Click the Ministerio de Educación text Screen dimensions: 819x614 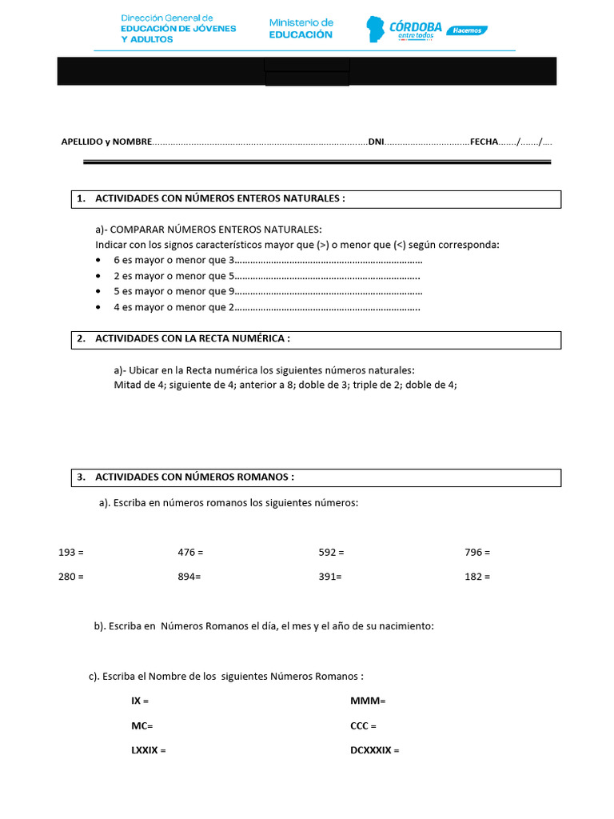301,29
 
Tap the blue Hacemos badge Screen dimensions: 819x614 466,30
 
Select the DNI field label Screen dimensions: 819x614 376,142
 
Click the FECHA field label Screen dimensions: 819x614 484,142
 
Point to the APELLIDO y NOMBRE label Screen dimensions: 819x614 106,142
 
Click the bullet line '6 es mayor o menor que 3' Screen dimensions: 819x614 173,261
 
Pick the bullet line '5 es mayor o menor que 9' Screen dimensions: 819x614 173,291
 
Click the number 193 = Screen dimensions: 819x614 71,553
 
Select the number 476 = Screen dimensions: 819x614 190,553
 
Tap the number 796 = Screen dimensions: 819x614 477,553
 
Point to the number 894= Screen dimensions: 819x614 189,577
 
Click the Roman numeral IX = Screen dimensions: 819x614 140,701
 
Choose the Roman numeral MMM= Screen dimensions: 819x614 368,701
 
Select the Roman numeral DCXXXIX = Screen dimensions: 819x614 374,750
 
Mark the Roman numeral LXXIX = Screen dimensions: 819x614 148,750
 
